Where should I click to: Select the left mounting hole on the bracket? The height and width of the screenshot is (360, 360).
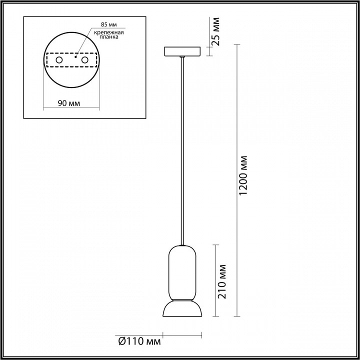(58, 60)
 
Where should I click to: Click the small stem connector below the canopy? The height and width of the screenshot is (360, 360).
(182, 57)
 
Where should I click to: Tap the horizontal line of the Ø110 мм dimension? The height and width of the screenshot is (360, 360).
(182, 335)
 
